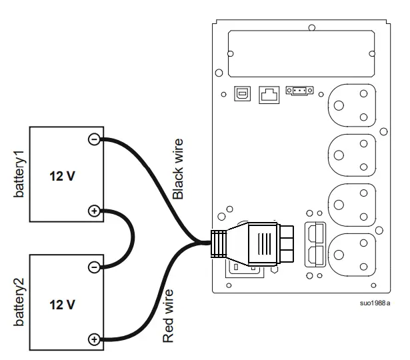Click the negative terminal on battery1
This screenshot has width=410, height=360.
pos(94,139)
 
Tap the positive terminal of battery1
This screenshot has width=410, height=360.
pos(94,211)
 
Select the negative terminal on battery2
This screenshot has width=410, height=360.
pos(94,267)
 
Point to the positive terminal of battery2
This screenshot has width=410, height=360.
pos(94,339)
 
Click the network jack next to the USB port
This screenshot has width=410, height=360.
pos(268,95)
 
